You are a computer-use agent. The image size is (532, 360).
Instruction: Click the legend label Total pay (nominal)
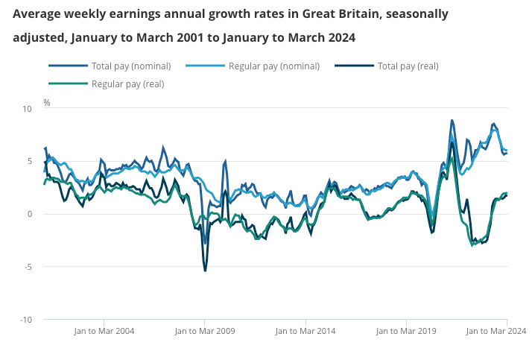pos(131,66)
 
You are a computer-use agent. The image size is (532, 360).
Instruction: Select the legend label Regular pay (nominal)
pos(273,66)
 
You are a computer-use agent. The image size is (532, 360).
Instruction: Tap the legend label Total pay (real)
pos(408,66)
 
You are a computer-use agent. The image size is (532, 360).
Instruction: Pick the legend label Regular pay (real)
pos(127,83)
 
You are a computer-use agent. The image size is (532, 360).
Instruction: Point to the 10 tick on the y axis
pos(28,109)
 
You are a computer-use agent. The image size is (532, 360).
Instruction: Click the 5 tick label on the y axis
pos(30,162)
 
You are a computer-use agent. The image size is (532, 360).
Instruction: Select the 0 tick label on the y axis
pos(30,215)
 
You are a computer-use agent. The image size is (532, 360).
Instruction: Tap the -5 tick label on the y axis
pos(28,267)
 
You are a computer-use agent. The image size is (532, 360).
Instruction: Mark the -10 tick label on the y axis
pos(26,320)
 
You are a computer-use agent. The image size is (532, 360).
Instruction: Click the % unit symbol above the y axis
pos(46,102)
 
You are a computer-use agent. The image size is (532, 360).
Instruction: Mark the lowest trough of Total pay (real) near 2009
pos(205,270)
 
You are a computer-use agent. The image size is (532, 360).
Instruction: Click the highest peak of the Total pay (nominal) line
pos(452,120)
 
